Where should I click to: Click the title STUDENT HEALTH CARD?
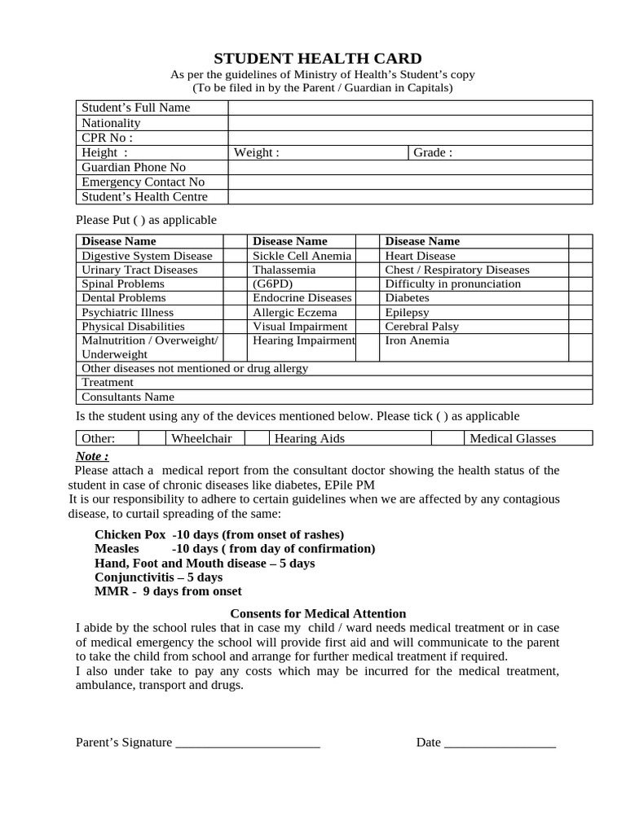pyautogui.click(x=317, y=59)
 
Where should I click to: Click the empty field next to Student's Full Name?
pyautogui.click(x=410, y=108)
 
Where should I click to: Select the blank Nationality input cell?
pyautogui.click(x=410, y=123)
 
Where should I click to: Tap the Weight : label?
pyautogui.click(x=257, y=152)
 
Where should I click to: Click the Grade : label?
pyautogui.click(x=433, y=152)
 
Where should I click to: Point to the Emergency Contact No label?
pyautogui.click(x=143, y=182)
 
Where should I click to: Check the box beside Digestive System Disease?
pyautogui.click(x=235, y=256)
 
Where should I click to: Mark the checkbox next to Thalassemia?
pyautogui.click(x=367, y=270)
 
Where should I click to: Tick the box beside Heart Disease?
pyautogui.click(x=580, y=256)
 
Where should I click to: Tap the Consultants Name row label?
pyautogui.click(x=128, y=397)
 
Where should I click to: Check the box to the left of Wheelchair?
pyautogui.click(x=152, y=438)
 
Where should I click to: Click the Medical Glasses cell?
pyautogui.click(x=513, y=438)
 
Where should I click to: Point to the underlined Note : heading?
pyautogui.click(x=92, y=456)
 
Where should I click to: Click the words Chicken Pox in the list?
pyautogui.click(x=130, y=534)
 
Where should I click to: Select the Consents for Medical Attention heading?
pyautogui.click(x=318, y=613)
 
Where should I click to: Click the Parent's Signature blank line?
pyautogui.click(x=248, y=743)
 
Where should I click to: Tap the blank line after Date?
pyautogui.click(x=500, y=743)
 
